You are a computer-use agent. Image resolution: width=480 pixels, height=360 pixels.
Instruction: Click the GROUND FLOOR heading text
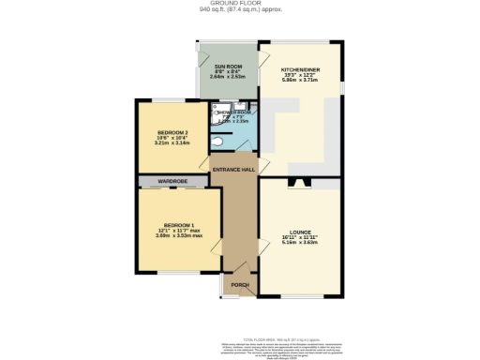pyautogui.click(x=240, y=4)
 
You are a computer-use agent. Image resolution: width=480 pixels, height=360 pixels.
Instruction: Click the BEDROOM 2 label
pyautogui.click(x=167, y=133)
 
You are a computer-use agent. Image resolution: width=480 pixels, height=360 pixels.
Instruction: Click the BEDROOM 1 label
pyautogui.click(x=179, y=225)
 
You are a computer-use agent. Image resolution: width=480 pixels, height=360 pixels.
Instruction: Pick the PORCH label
pyautogui.click(x=240, y=285)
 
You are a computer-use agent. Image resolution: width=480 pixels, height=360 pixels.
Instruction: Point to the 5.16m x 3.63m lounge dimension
pyautogui.click(x=300, y=243)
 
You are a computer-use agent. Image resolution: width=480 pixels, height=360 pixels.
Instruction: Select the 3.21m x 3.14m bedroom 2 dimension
pyautogui.click(x=167, y=144)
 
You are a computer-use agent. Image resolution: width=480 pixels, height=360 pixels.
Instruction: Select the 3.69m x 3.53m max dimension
pyautogui.click(x=179, y=236)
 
